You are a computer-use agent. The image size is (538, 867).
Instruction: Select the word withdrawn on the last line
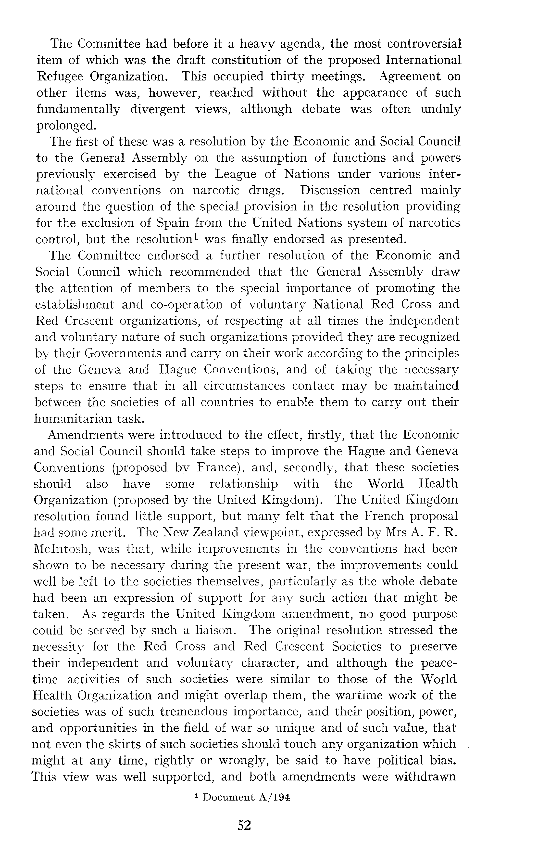[x=425, y=777]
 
